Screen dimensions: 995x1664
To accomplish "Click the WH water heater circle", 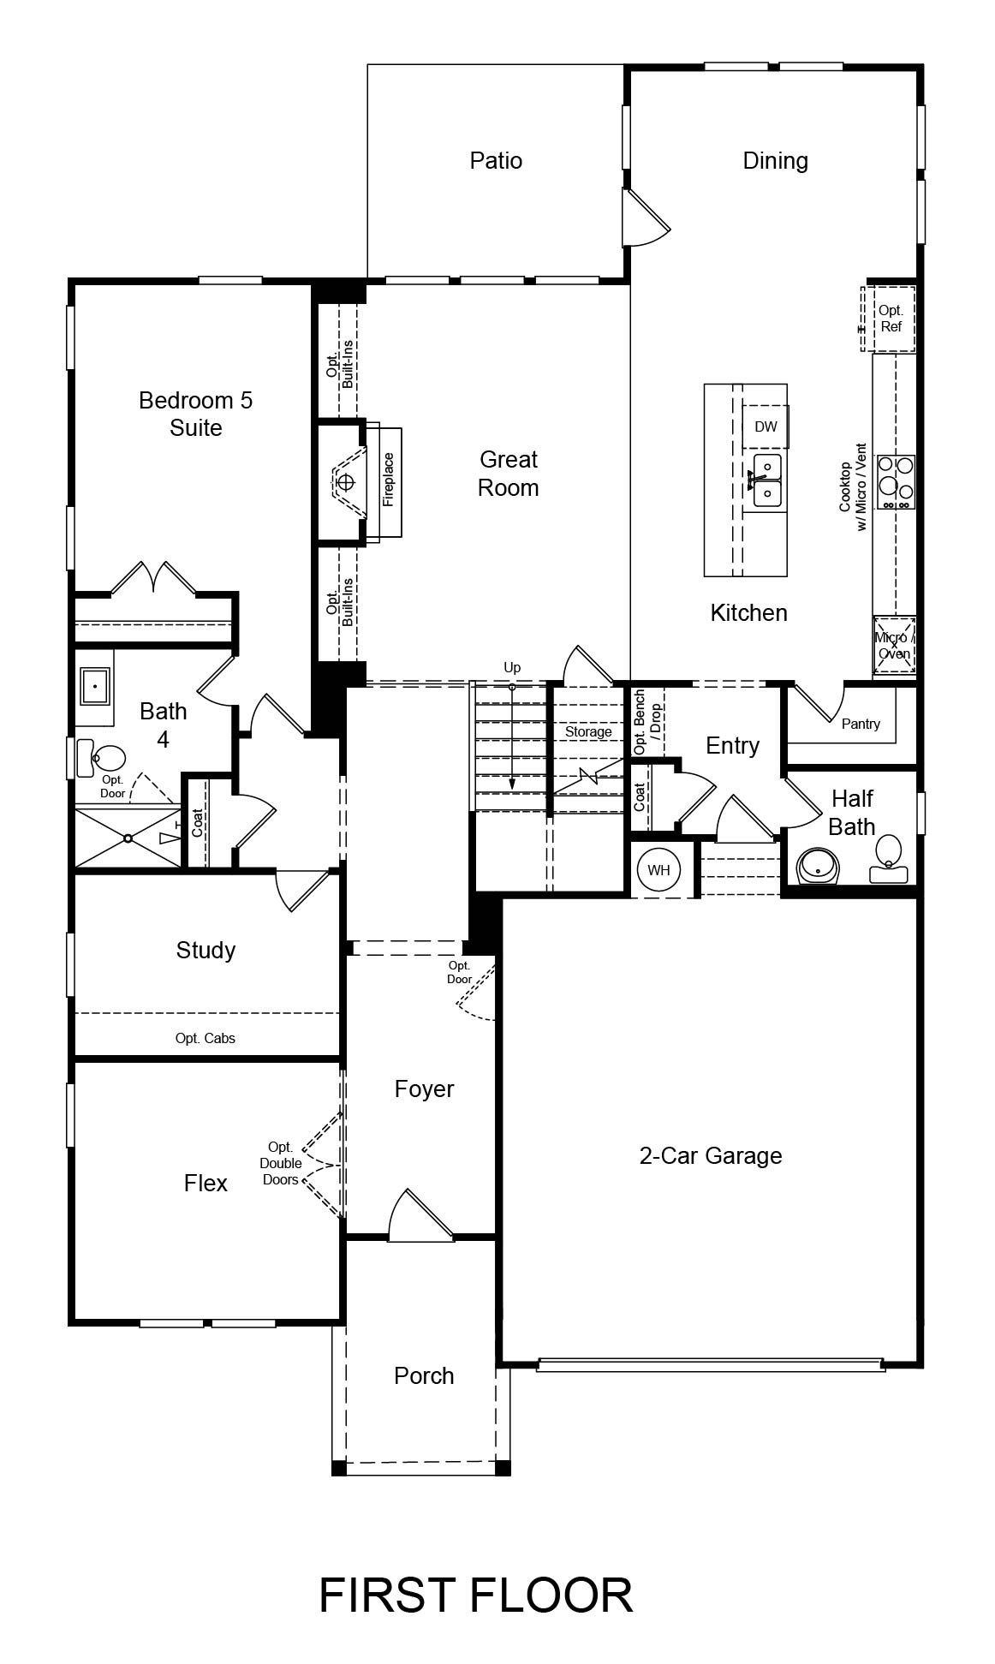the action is coord(658,870).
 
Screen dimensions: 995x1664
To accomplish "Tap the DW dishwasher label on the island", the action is coord(766,426).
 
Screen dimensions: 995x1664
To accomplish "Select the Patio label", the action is coord(496,160).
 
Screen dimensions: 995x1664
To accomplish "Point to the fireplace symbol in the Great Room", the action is coord(344,482).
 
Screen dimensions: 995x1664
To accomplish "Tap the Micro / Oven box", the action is coord(894,646).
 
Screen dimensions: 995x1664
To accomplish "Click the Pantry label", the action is coord(861,724).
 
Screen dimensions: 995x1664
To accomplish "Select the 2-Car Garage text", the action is coord(711,1155).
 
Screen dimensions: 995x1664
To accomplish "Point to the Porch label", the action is coord(424,1375).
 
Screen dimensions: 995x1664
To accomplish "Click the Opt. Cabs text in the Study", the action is coord(206,1038).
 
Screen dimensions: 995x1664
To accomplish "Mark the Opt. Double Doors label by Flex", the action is coord(282,1163).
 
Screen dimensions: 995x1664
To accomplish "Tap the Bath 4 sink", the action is coord(93,686).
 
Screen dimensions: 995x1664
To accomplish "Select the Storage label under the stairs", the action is coord(588,732).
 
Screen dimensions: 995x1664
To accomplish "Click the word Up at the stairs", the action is coord(512,667).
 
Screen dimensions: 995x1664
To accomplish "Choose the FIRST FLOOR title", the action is coord(476,1595).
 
